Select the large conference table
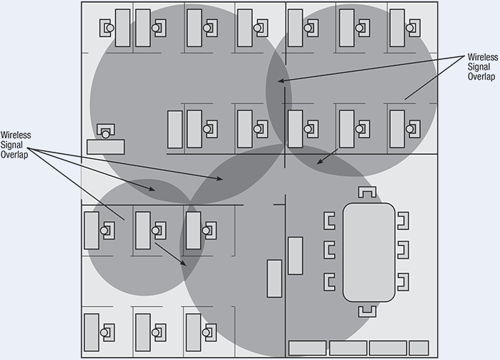click(368, 252)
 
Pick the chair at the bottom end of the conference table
click(368, 310)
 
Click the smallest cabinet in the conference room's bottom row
click(419, 348)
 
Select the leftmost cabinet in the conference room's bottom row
click(307, 348)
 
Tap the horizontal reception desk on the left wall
click(105, 146)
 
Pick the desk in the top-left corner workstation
click(123, 28)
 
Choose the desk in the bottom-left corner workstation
click(92, 331)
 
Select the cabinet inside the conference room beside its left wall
click(295, 255)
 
